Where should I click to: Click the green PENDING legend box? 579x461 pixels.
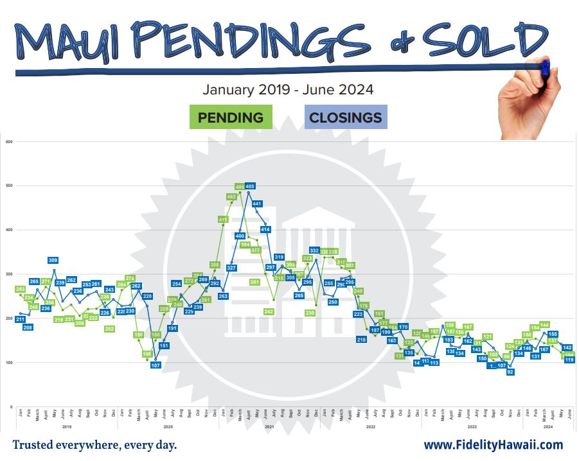tap(231, 117)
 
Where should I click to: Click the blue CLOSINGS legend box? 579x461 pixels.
tap(345, 117)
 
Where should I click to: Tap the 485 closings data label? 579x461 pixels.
tap(250, 186)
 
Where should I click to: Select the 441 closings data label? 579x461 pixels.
tap(257, 204)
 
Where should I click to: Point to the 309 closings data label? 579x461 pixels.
tap(53, 260)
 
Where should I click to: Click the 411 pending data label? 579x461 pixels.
tap(223, 220)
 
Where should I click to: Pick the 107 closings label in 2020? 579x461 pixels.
tap(155, 365)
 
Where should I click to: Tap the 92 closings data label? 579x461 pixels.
tap(510, 372)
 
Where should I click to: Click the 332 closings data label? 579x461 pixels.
tap(315, 250)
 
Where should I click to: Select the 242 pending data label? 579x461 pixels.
tap(269, 311)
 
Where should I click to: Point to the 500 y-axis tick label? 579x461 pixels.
tap(9, 186)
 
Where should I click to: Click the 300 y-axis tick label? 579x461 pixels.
tap(9, 274)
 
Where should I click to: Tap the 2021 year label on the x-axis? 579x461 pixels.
tap(270, 426)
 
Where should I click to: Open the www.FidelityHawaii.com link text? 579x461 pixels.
tap(493, 445)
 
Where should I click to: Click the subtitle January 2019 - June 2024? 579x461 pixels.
tap(288, 90)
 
